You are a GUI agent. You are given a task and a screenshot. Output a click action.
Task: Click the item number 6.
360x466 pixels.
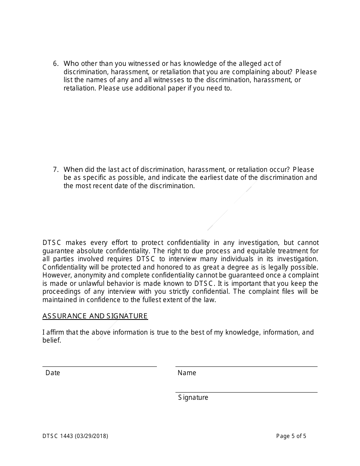(55, 64)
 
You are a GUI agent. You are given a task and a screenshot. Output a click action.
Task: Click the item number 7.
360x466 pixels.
(55, 170)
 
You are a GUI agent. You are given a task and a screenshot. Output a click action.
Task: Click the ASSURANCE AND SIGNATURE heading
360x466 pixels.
(95, 316)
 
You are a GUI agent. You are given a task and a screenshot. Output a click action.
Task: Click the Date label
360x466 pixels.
(53, 373)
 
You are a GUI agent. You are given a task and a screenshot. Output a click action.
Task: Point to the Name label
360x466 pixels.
(187, 373)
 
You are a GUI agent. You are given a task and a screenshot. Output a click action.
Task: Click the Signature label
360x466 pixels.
(193, 397)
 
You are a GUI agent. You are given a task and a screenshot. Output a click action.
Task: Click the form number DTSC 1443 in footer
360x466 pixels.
(58, 436)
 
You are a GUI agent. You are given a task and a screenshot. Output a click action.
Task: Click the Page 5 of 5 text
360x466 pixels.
(291, 436)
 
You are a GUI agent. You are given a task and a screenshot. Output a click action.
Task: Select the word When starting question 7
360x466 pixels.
(73, 170)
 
